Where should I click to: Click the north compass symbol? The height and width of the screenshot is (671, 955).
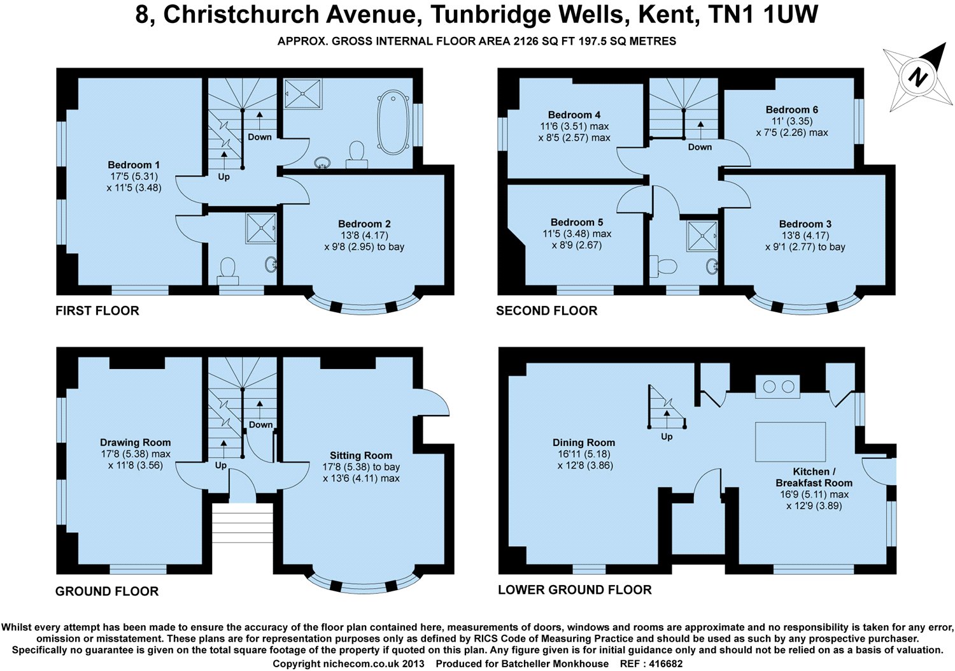(x=917, y=77)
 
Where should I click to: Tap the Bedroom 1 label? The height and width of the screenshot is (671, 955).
(x=134, y=165)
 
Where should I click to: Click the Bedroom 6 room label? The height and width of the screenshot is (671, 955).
(x=791, y=110)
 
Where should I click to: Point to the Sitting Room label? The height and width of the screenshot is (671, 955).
(x=360, y=456)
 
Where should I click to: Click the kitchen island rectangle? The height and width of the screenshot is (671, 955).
(x=790, y=441)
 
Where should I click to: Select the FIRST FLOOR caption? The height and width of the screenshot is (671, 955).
(x=97, y=311)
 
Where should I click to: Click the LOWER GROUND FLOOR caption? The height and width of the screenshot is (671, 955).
(x=574, y=590)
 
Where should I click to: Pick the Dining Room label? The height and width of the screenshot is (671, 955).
(x=583, y=443)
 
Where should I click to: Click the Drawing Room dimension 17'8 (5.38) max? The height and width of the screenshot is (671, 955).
(x=135, y=454)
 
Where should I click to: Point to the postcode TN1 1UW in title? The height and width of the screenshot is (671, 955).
(x=763, y=15)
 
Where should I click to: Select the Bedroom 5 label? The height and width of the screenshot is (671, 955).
(x=577, y=222)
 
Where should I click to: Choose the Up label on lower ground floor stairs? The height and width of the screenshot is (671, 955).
(x=667, y=437)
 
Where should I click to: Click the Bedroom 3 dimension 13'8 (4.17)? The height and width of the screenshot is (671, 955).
(x=805, y=236)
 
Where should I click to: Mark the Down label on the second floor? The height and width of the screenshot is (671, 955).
(x=700, y=147)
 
